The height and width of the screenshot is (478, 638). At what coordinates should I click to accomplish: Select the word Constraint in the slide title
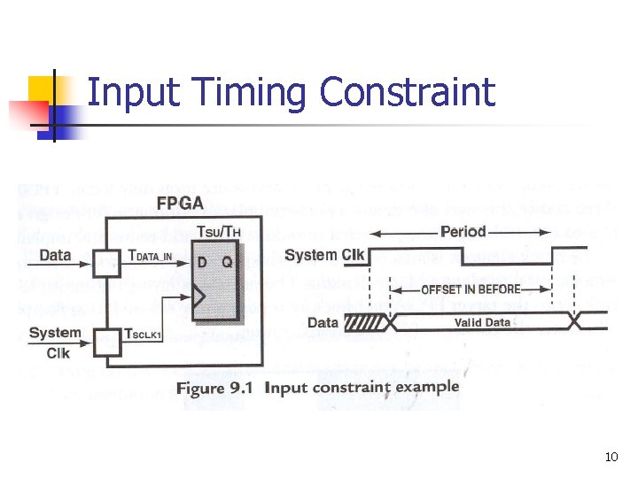click(407, 92)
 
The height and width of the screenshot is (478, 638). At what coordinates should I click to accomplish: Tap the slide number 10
click(611, 458)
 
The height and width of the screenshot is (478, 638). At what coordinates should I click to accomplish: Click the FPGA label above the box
click(179, 204)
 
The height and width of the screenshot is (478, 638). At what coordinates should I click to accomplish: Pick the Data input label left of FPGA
click(55, 255)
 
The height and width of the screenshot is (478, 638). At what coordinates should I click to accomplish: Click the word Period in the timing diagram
click(463, 232)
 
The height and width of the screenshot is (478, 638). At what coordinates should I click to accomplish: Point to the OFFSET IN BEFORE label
click(471, 289)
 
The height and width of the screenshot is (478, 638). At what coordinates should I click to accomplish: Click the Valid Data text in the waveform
click(482, 322)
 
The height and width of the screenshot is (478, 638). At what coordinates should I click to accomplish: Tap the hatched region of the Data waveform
click(364, 323)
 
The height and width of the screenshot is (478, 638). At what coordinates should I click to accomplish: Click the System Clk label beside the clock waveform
click(323, 255)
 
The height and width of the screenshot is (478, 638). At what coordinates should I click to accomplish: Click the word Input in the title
click(132, 93)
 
